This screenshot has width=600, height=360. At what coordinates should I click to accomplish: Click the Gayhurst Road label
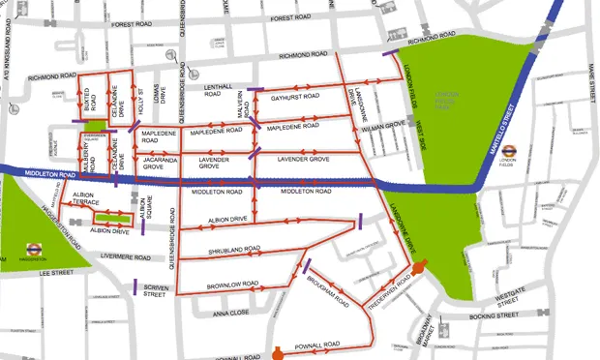click(x=295, y=97)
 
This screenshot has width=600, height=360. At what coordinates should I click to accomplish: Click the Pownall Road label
click(x=316, y=345)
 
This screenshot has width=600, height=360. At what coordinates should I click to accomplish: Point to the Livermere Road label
click(x=126, y=257)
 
